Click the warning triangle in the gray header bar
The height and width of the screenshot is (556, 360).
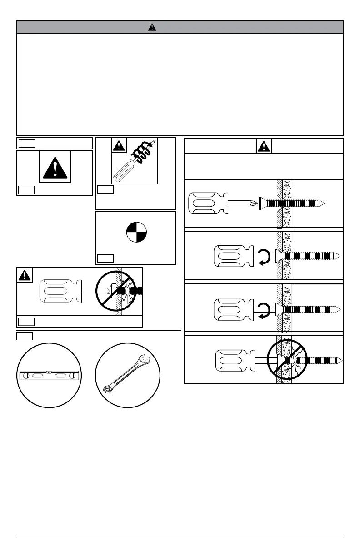pyautogui.click(x=152, y=27)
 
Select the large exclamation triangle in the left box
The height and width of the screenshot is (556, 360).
pyautogui.click(x=55, y=166)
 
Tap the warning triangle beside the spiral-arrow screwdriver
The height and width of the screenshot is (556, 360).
pyautogui.click(x=119, y=146)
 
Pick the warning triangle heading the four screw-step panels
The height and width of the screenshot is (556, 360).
pyautogui.click(x=264, y=146)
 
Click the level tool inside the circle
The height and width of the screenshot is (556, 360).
pyautogui.click(x=49, y=376)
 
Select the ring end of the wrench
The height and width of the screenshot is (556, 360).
pyautogui.click(x=109, y=389)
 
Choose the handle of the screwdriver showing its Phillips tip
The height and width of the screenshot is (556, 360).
pyautogui.click(x=208, y=203)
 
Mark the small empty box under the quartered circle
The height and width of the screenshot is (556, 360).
pyautogui.click(x=105, y=259)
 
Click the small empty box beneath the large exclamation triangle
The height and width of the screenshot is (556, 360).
pyautogui.click(x=26, y=189)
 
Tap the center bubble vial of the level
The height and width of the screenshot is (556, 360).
pyautogui.click(x=49, y=376)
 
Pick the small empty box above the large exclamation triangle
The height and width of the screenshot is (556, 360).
pyautogui.click(x=26, y=144)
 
